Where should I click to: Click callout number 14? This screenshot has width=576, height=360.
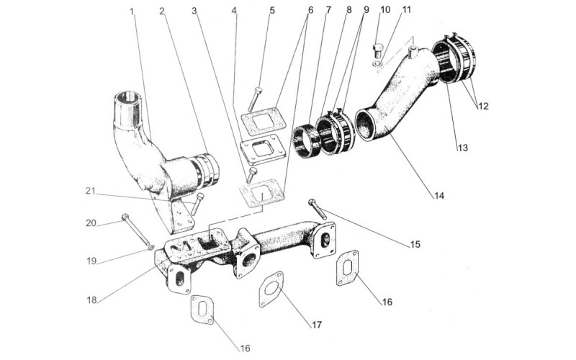439,195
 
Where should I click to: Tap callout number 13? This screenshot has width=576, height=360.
462,148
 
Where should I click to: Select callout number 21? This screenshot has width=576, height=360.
91,191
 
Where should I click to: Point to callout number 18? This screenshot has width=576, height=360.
91,300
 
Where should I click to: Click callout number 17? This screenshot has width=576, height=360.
317,325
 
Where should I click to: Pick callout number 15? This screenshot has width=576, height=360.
415,244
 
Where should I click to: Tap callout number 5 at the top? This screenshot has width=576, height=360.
272,10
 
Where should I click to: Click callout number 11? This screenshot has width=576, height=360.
406,9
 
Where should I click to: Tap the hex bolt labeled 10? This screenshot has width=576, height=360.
377,50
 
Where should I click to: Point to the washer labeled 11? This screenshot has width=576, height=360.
377,64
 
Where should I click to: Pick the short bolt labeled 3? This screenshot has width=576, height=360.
251,175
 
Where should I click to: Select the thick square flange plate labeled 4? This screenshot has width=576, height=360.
263,149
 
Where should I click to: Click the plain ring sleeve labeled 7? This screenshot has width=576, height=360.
306,141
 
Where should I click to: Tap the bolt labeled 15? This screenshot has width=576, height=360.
318,209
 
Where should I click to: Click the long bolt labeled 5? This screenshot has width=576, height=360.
254,99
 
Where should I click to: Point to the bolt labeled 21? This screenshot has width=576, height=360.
197,204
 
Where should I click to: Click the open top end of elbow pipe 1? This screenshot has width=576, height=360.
128,96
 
